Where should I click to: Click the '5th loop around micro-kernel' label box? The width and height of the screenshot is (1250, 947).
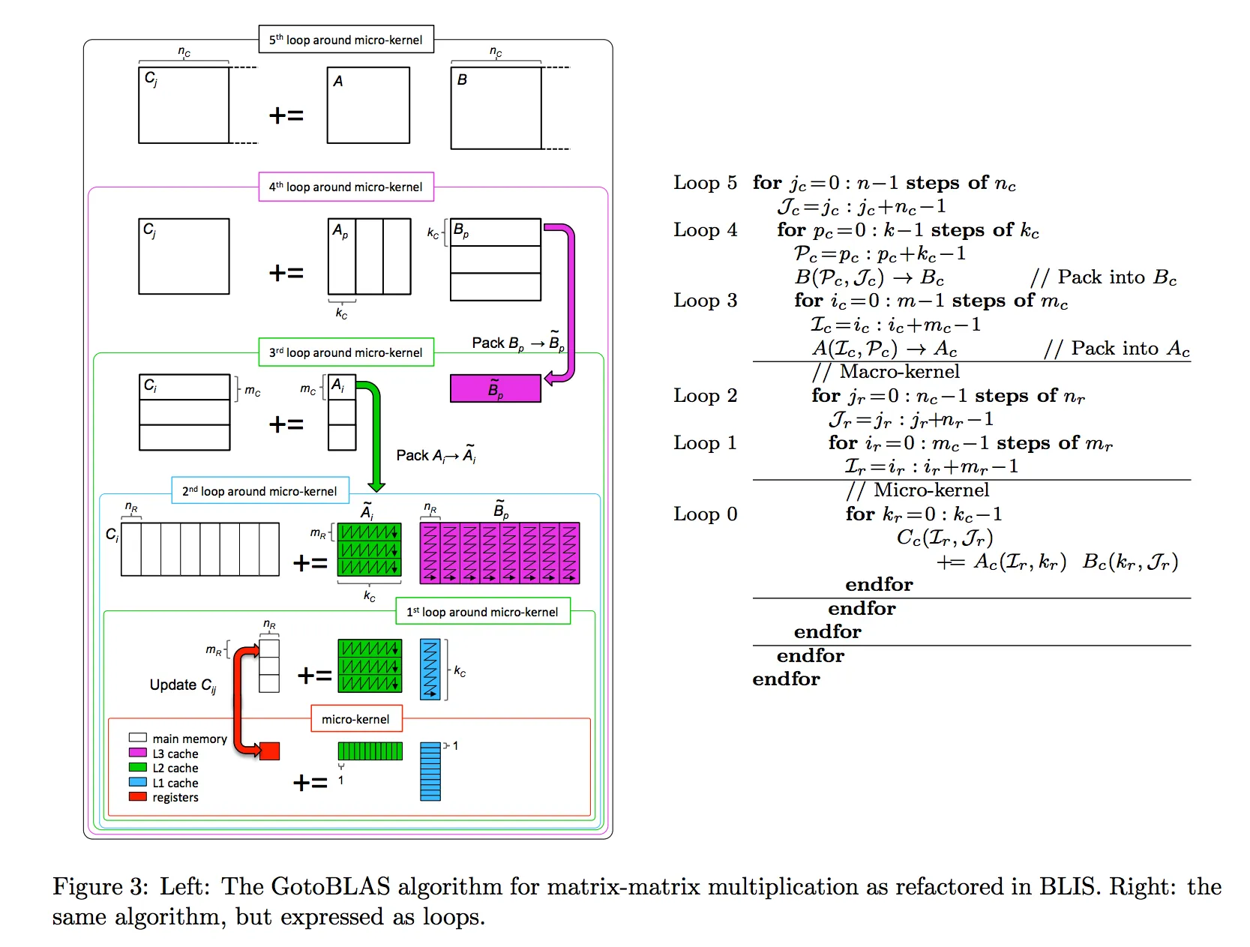coord(346,40)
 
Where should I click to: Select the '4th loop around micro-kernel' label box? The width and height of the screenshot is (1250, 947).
coord(346,187)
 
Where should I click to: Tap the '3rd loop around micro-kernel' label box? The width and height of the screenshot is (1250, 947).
coord(346,352)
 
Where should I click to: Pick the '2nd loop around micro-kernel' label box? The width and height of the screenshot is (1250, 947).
coord(259,491)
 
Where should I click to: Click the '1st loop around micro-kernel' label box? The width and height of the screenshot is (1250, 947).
coord(482,612)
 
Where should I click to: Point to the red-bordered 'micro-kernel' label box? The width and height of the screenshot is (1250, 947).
coord(355,719)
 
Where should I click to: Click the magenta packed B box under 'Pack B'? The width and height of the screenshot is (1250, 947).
coord(495,388)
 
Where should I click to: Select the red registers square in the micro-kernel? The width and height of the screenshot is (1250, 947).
coord(269,751)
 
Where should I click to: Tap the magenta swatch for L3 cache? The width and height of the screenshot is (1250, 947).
coord(138,753)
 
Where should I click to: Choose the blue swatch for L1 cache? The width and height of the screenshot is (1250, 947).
coord(138,782)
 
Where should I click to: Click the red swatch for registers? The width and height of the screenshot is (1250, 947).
coord(138,796)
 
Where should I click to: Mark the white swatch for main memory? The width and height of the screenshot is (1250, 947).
coord(138,738)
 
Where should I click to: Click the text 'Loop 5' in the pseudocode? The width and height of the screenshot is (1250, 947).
coord(705,183)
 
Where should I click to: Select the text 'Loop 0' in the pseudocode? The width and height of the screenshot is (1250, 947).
coord(705,514)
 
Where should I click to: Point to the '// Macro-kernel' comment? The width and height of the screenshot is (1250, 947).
coord(886,372)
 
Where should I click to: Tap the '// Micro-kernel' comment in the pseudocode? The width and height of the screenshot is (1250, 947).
coord(918,490)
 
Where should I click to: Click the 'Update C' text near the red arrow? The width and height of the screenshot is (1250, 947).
coord(182,685)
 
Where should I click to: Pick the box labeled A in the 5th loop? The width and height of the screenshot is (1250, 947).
coord(368,105)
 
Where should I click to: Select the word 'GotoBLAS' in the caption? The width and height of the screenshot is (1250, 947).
coord(330,887)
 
